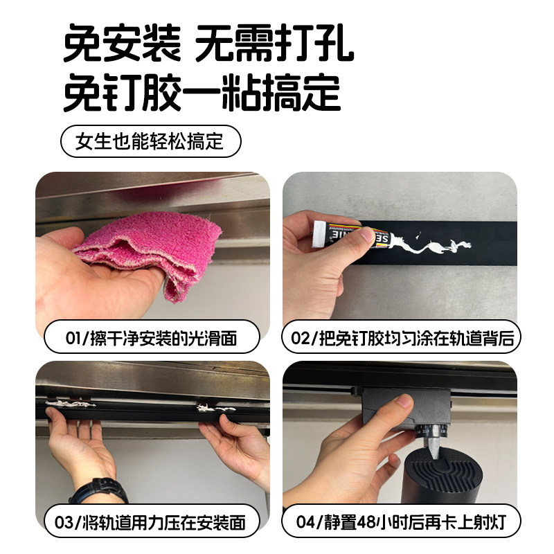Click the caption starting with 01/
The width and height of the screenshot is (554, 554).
click(x=152, y=339)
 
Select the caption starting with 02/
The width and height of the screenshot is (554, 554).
click(x=401, y=339)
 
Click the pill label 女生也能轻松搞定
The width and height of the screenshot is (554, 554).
click(x=150, y=142)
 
